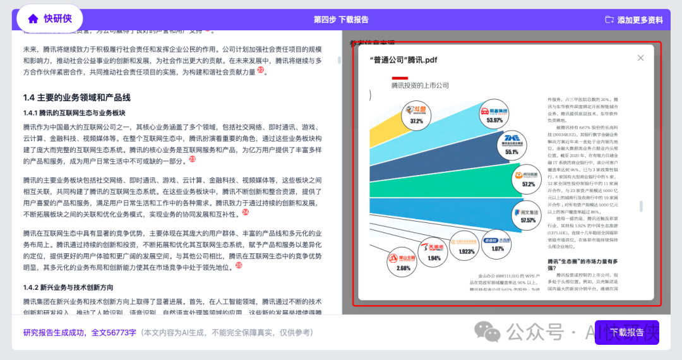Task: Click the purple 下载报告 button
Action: click(626, 332)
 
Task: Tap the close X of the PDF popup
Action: click(640, 58)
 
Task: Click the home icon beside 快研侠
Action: click(33, 19)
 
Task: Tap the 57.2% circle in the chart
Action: click(528, 179)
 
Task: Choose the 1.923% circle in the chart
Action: click(466, 246)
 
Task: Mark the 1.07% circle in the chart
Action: click(498, 244)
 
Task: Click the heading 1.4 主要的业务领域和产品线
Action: click(76, 97)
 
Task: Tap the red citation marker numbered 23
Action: click(192, 159)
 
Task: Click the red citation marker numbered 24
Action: click(245, 212)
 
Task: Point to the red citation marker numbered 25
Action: click(239, 265)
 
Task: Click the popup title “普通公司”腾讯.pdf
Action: click(403, 60)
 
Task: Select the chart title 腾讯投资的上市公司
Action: click(419, 85)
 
